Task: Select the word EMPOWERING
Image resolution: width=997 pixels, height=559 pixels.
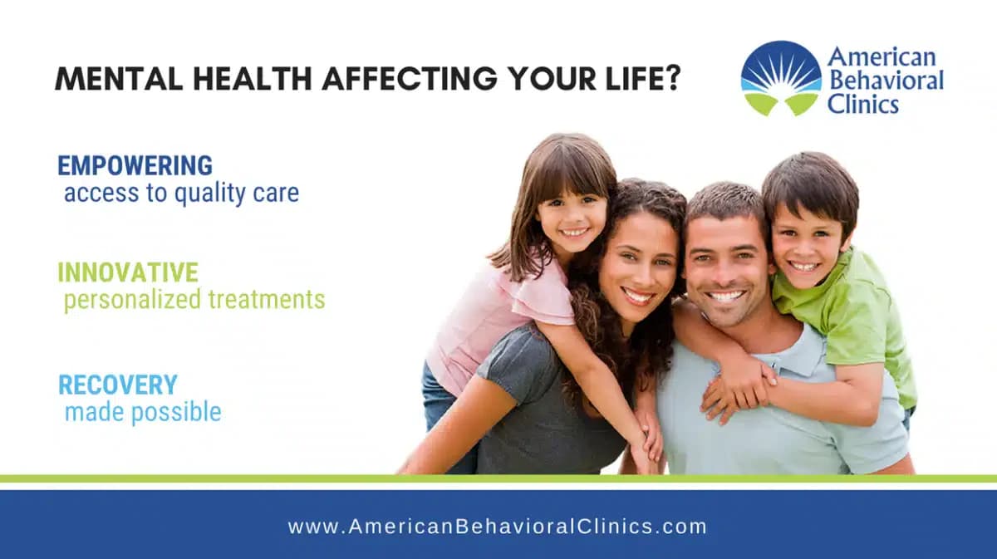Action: point(135,165)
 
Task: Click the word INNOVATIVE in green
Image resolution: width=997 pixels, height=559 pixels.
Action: point(128,272)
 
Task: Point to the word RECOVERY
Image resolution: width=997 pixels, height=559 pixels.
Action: point(117,385)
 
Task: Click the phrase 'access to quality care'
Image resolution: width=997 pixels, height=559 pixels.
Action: point(181,194)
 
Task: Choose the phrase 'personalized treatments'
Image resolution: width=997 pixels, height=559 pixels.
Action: point(194,300)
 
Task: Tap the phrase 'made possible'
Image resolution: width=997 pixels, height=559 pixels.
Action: point(143,411)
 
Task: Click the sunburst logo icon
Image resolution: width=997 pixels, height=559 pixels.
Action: point(780,78)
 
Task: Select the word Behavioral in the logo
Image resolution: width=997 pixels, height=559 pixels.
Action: point(886,81)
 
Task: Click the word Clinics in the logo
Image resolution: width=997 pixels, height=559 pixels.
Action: point(863,104)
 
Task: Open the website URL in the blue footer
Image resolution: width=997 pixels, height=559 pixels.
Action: point(497,526)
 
